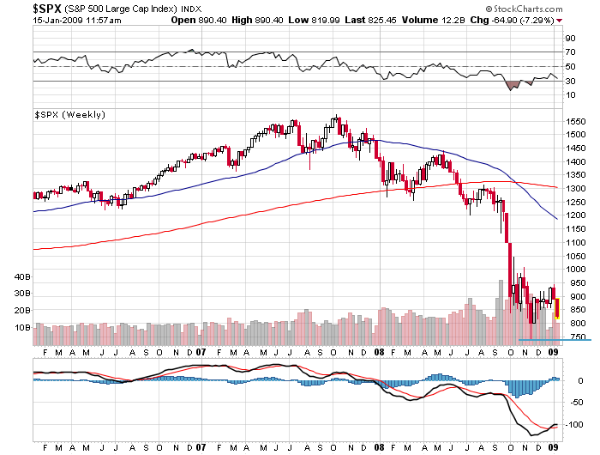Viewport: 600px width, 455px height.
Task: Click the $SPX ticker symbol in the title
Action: tap(17, 8)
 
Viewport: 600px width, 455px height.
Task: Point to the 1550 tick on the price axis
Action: tap(575, 122)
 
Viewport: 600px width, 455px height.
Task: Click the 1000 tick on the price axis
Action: tap(575, 269)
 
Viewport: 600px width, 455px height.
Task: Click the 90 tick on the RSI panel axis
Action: tap(570, 38)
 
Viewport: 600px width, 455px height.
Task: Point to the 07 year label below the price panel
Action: tap(200, 352)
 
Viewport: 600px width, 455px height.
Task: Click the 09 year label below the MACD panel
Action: tap(554, 447)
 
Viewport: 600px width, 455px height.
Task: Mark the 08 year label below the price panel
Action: tap(377, 352)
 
